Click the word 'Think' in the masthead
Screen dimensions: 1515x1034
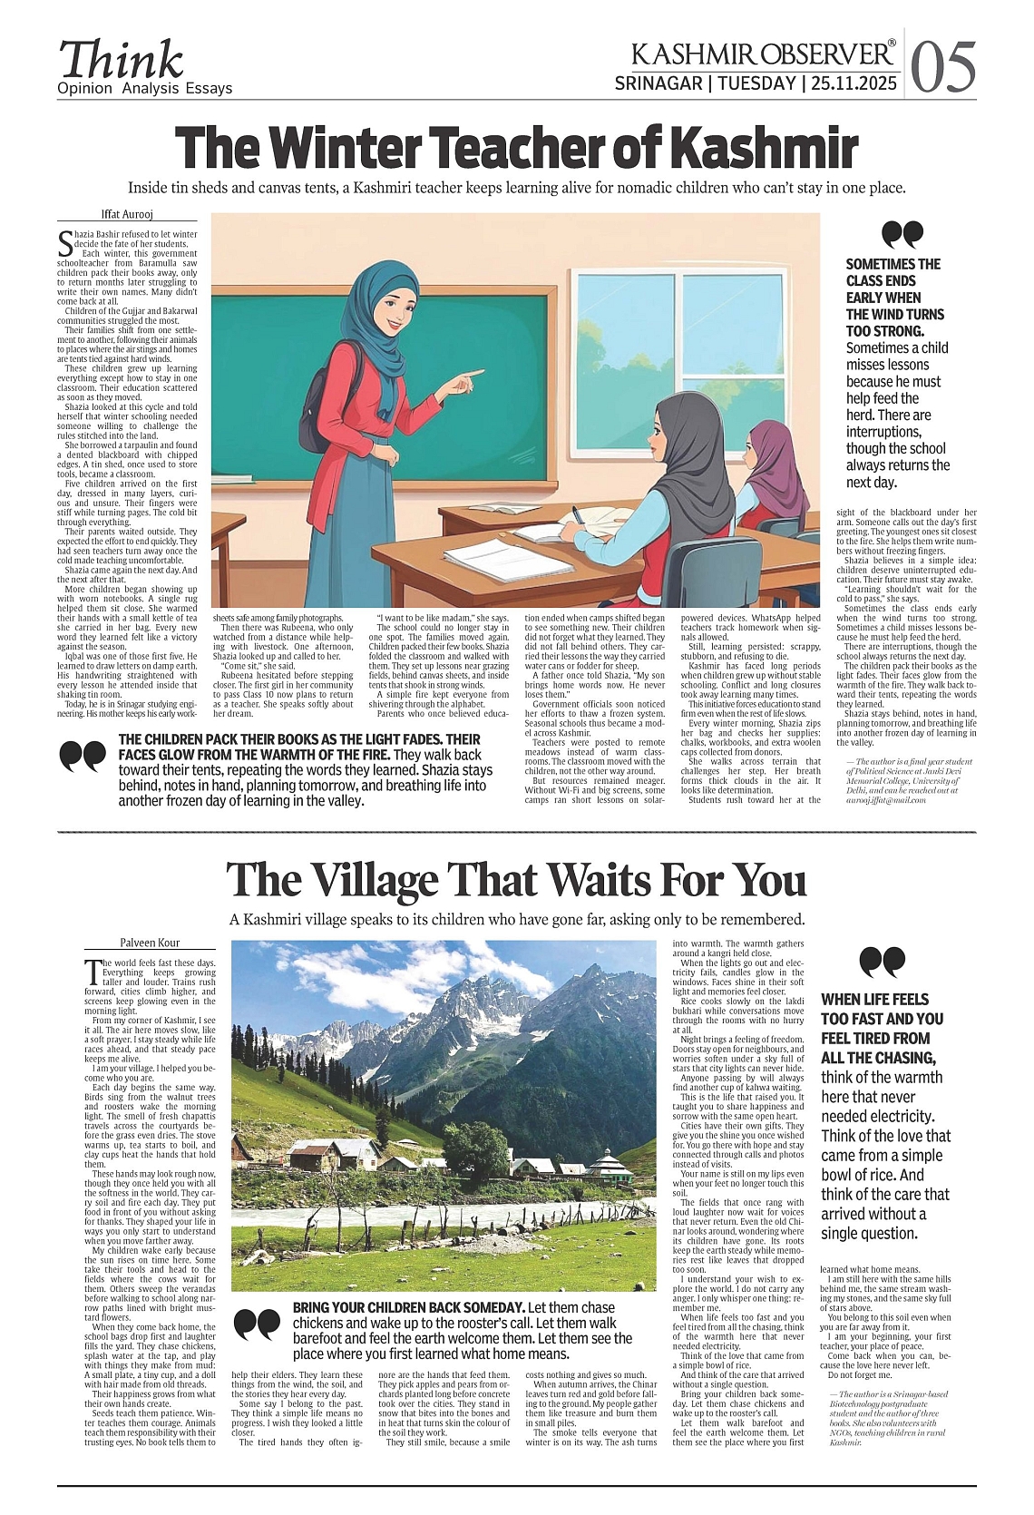[x=121, y=60]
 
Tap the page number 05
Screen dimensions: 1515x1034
[x=943, y=67]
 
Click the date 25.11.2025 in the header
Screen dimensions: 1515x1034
[x=854, y=83]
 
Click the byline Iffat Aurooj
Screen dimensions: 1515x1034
[x=127, y=215]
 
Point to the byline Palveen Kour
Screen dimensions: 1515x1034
[x=150, y=943]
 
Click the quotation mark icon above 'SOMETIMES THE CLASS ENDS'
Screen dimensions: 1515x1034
[x=902, y=234]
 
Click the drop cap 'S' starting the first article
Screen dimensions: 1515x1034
[x=64, y=240]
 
